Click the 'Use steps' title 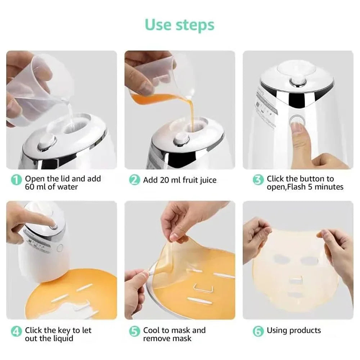tap(179, 25)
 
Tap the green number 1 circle tap(16, 179)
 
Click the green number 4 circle tap(16, 331)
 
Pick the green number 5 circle tap(134, 331)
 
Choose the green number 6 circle tap(258, 331)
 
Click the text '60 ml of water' tap(51, 187)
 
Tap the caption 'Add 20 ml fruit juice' tap(180, 180)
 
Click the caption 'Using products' tap(293, 330)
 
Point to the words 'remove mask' tap(167, 338)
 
